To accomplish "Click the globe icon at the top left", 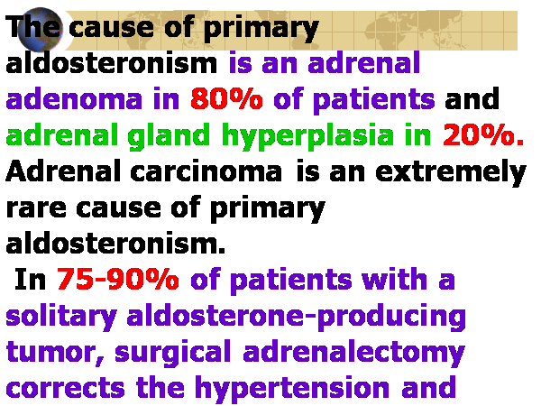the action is coord(41,29).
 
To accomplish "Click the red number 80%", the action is coord(226,98).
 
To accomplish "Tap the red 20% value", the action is coord(483,134).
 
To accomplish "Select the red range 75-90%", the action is coord(117,279).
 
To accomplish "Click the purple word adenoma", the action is coord(74,98).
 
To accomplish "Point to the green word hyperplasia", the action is coord(307,136).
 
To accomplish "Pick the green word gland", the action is coord(169,136).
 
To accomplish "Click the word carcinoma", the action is coord(206,171).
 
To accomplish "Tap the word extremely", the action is coord(451,173).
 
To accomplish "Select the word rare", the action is coord(36,209).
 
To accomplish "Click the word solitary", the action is coord(61,317).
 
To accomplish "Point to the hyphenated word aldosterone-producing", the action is coord(296,317).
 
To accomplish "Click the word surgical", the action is coord(172,353).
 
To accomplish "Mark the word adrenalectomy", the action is coord(353,353).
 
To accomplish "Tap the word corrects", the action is coord(66,388).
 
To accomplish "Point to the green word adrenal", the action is coord(62,134).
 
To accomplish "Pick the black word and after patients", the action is coord(472,98).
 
